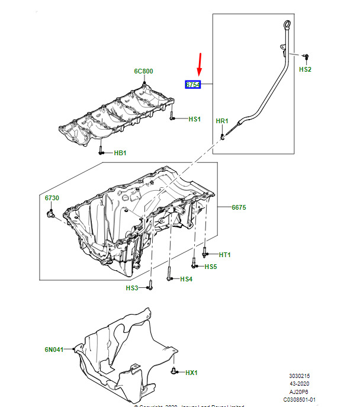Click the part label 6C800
[143, 71]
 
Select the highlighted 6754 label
[193, 85]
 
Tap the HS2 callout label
[305, 69]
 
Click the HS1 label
[195, 119]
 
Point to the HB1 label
[120, 153]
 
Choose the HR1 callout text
[221, 121]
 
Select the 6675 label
[239, 207]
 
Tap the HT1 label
[224, 255]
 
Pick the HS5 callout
[211, 267]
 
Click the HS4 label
[186, 279]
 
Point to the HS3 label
[131, 288]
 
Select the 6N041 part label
[53, 350]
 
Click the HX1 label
[191, 373]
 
